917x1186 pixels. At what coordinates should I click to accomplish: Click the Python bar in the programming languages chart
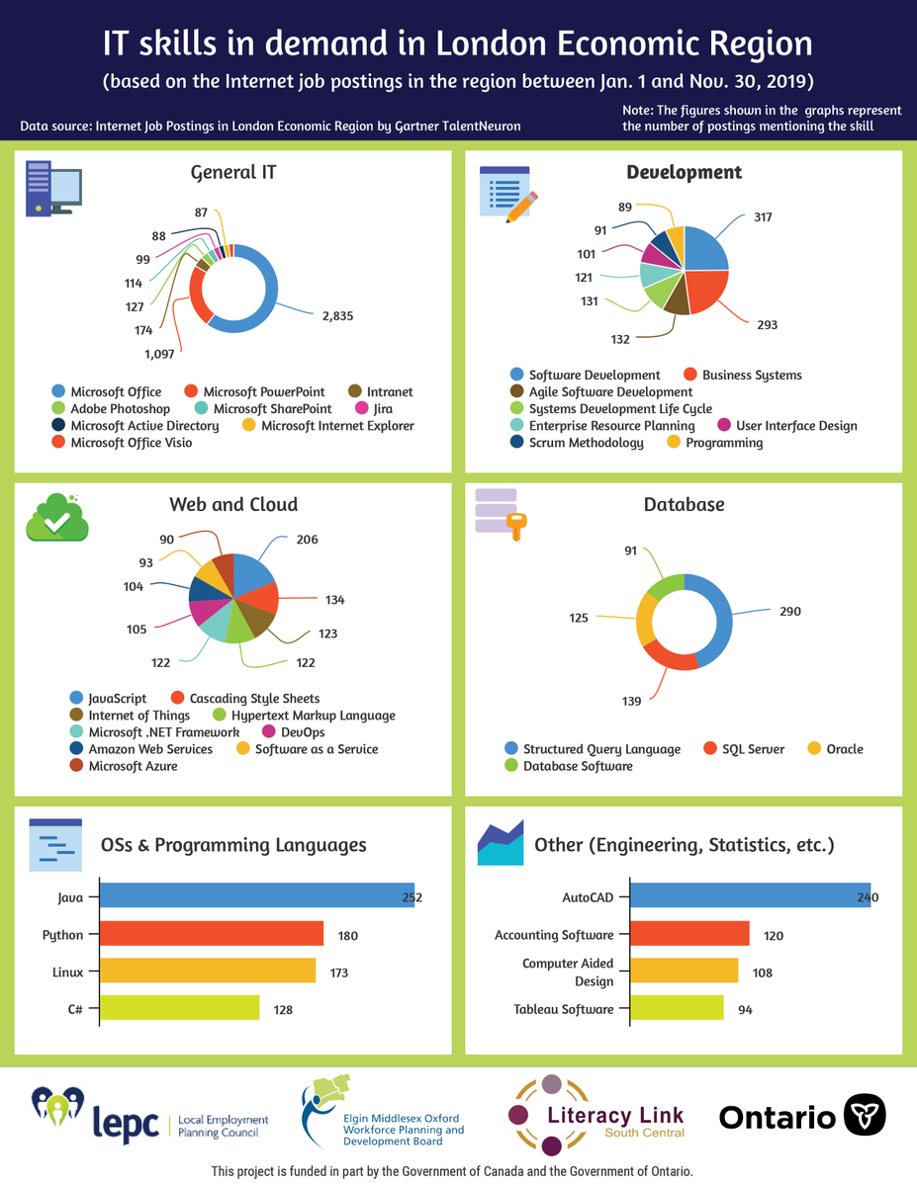212,934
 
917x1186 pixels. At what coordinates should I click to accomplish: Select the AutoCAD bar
750,895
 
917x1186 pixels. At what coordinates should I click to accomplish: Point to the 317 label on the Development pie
762,217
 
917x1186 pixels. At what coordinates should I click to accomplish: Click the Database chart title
684,505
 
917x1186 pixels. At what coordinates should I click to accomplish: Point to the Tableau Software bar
677,1008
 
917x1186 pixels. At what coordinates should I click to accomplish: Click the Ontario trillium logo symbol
864,1115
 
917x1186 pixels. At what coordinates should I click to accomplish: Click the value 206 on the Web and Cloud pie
307,540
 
